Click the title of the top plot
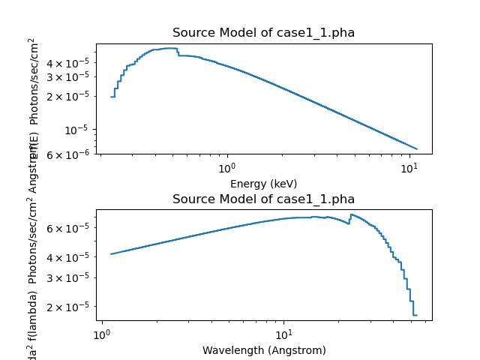[x=263, y=33]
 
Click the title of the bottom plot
[x=263, y=199]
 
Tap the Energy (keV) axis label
[x=263, y=184]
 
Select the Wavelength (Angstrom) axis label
[x=263, y=350]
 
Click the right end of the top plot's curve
[x=417, y=148]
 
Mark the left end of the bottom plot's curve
[x=111, y=253]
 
